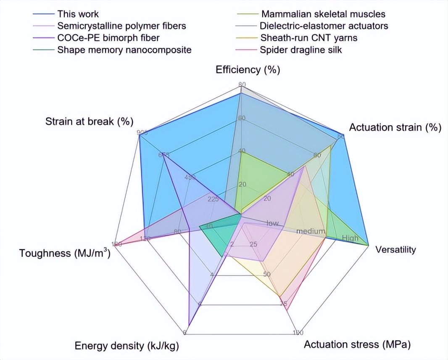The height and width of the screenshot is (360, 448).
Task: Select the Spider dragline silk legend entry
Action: click(300, 50)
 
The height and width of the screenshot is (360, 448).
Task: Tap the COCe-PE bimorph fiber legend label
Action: click(108, 38)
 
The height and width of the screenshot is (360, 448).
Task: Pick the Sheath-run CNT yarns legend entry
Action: click(308, 38)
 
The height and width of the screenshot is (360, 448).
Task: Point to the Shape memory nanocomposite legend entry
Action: click(124, 50)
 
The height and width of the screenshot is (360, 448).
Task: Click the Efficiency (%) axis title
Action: click(248, 70)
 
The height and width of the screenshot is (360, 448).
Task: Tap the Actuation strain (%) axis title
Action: click(395, 127)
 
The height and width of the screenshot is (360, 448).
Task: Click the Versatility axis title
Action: click(395, 250)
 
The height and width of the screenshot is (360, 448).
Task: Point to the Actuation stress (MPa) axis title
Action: click(357, 345)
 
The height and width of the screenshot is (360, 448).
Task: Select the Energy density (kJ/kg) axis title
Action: click(127, 346)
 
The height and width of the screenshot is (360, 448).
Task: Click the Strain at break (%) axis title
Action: click(89, 122)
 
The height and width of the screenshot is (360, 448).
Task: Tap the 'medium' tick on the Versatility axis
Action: click(311, 231)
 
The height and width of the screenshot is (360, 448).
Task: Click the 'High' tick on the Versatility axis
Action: click(350, 238)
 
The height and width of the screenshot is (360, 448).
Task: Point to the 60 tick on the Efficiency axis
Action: click(241, 118)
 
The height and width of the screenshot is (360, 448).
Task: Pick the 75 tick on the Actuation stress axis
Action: click(283, 304)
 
